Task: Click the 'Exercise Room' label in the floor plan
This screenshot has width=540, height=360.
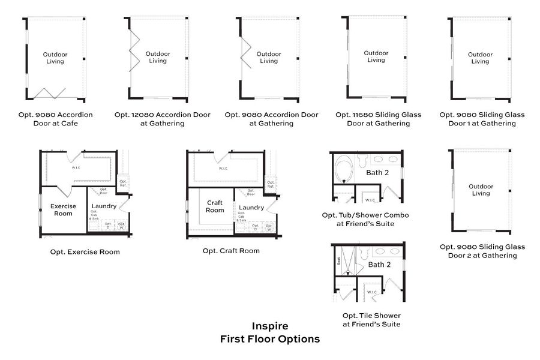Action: click(63, 209)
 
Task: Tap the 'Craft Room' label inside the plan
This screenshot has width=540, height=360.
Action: click(215, 206)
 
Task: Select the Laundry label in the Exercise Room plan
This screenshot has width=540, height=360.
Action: click(104, 206)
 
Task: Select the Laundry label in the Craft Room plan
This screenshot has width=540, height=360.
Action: click(251, 208)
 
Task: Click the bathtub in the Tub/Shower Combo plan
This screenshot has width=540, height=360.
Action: click(344, 169)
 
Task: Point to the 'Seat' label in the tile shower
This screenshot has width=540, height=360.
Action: click(339, 261)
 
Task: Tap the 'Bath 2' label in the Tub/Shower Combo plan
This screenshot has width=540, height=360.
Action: click(378, 172)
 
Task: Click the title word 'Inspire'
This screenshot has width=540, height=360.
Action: click(269, 326)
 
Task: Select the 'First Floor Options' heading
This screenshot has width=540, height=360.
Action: click(269, 339)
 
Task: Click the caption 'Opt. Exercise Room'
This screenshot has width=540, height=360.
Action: click(85, 252)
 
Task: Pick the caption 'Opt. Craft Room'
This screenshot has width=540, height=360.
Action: click(231, 251)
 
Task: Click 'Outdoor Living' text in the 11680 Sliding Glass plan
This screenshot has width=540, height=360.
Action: click(376, 56)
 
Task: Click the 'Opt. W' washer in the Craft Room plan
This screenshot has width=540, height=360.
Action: click(268, 227)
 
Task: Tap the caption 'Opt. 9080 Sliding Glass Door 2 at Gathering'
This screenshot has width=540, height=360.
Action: click(482, 251)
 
